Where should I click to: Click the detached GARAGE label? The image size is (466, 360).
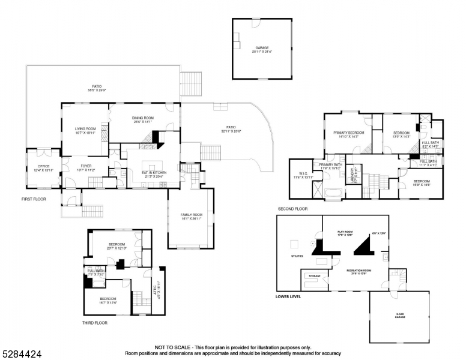261,47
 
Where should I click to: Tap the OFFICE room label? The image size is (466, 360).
43,166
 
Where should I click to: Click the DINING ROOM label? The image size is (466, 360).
143,118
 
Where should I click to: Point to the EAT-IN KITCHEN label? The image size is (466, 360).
154,173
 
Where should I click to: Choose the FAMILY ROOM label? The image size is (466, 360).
192,214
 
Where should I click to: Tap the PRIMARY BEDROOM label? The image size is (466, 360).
349,133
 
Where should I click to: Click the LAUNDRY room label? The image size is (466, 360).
353,177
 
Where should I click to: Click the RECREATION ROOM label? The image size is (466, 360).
359,271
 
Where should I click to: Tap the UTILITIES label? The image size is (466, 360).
297,256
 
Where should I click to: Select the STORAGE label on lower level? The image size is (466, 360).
315,276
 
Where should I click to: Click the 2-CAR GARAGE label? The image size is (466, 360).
400,316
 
